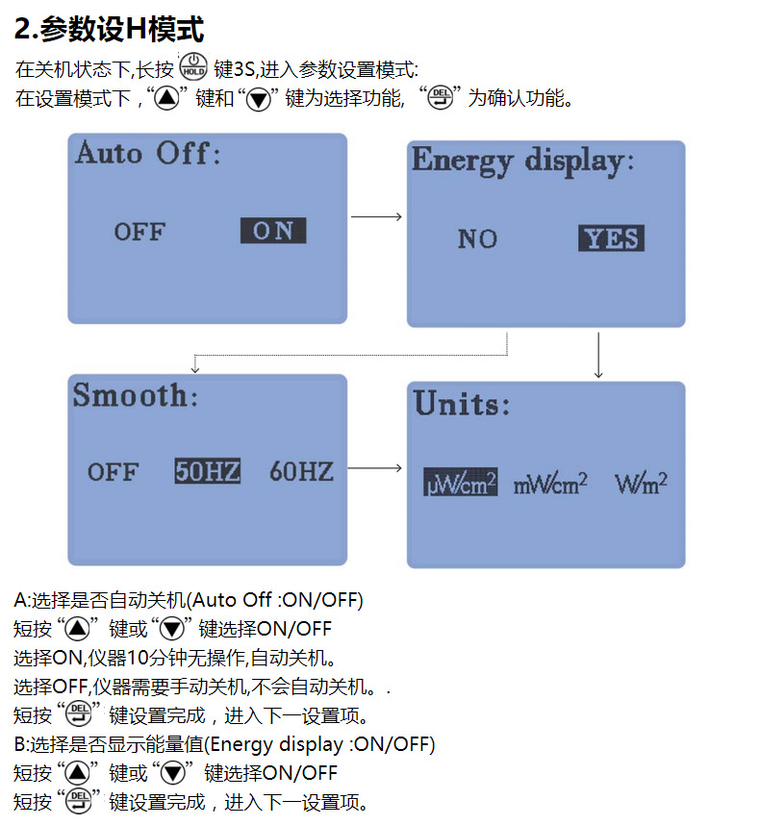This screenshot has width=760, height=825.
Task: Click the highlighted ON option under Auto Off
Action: (x=273, y=231)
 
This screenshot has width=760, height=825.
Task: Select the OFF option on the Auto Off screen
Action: (x=140, y=232)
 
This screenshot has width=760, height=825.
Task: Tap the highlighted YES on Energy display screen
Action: (x=611, y=238)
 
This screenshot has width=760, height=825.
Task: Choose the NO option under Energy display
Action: (x=477, y=238)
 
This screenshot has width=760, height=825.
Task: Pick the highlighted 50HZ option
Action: (x=208, y=471)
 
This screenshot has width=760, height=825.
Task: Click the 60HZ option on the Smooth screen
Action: (x=301, y=471)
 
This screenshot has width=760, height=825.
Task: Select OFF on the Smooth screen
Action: (x=114, y=472)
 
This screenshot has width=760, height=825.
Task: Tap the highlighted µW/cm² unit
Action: (x=461, y=482)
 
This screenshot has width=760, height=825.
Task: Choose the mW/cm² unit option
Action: (x=550, y=483)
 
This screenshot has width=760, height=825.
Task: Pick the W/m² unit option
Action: (x=641, y=483)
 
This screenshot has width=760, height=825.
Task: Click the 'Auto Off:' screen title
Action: (x=148, y=153)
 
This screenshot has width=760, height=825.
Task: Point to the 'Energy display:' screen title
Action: (x=522, y=161)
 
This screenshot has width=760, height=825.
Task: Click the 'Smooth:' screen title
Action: (x=136, y=395)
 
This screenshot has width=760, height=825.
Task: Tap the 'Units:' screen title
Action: (x=462, y=404)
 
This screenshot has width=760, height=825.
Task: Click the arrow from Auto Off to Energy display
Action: (x=376, y=216)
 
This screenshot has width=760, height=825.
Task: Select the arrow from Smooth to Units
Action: (x=375, y=467)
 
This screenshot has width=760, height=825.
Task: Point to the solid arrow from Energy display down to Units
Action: (x=598, y=355)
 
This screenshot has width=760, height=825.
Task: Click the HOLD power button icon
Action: (x=193, y=66)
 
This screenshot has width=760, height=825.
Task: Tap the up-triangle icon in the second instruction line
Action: (x=166, y=98)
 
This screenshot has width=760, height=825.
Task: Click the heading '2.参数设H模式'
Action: (x=109, y=29)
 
